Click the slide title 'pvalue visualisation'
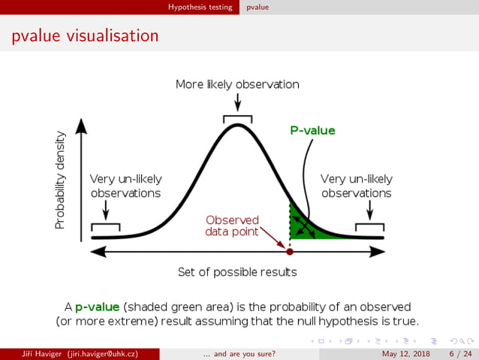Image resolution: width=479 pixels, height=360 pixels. click(85, 36)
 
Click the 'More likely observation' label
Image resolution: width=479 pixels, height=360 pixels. click(237, 84)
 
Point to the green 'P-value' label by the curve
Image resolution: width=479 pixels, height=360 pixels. click(312, 130)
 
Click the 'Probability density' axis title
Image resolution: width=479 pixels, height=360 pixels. click(60, 181)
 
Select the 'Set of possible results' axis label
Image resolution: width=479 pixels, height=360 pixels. click(237, 271)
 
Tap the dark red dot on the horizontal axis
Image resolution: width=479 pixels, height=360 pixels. click(290, 251)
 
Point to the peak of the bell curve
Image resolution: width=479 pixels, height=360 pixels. click(237, 125)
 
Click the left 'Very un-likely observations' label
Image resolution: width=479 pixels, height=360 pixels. click(125, 186)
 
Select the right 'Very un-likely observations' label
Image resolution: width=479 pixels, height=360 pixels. click(357, 186)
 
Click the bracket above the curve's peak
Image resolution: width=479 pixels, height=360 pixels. click(237, 117)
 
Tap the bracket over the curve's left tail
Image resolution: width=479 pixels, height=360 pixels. click(105, 225)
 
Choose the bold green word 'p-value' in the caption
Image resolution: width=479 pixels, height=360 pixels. click(97, 307)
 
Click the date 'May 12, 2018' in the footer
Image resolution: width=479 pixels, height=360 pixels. click(407, 353)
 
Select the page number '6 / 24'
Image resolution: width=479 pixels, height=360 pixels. click(460, 353)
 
